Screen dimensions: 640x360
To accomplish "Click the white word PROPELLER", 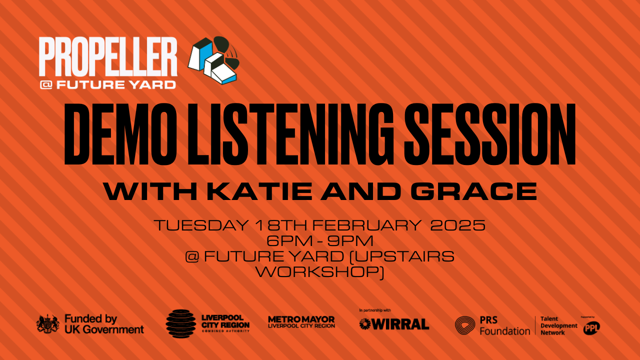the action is pos(108,56).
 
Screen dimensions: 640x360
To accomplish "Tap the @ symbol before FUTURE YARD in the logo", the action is pos(46,84).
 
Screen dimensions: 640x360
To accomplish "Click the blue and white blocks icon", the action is pos(213,60).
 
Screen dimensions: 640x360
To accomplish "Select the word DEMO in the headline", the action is pos(120,134).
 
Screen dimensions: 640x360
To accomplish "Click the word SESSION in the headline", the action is pos(489,134).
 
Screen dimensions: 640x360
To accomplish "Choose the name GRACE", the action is pos(474,191).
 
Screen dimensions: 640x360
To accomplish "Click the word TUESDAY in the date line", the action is pos(201,225).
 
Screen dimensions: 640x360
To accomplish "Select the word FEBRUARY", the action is pos(367,225).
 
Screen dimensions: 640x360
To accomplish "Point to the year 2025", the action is pos(457,225).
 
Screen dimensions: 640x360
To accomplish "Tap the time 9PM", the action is pos(350,240).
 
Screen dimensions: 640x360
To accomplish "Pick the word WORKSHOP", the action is pos(318,271).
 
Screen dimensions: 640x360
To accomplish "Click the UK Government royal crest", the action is pos(47,323).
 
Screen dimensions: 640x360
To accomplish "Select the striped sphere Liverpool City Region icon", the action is pos(180,323).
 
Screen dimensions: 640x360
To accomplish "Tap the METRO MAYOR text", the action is pos(301,319).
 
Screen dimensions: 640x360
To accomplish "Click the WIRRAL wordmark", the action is pos(394,324).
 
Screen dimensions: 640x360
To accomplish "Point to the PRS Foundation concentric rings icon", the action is pos(465,325).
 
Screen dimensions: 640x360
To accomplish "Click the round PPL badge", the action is pos(591,327).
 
